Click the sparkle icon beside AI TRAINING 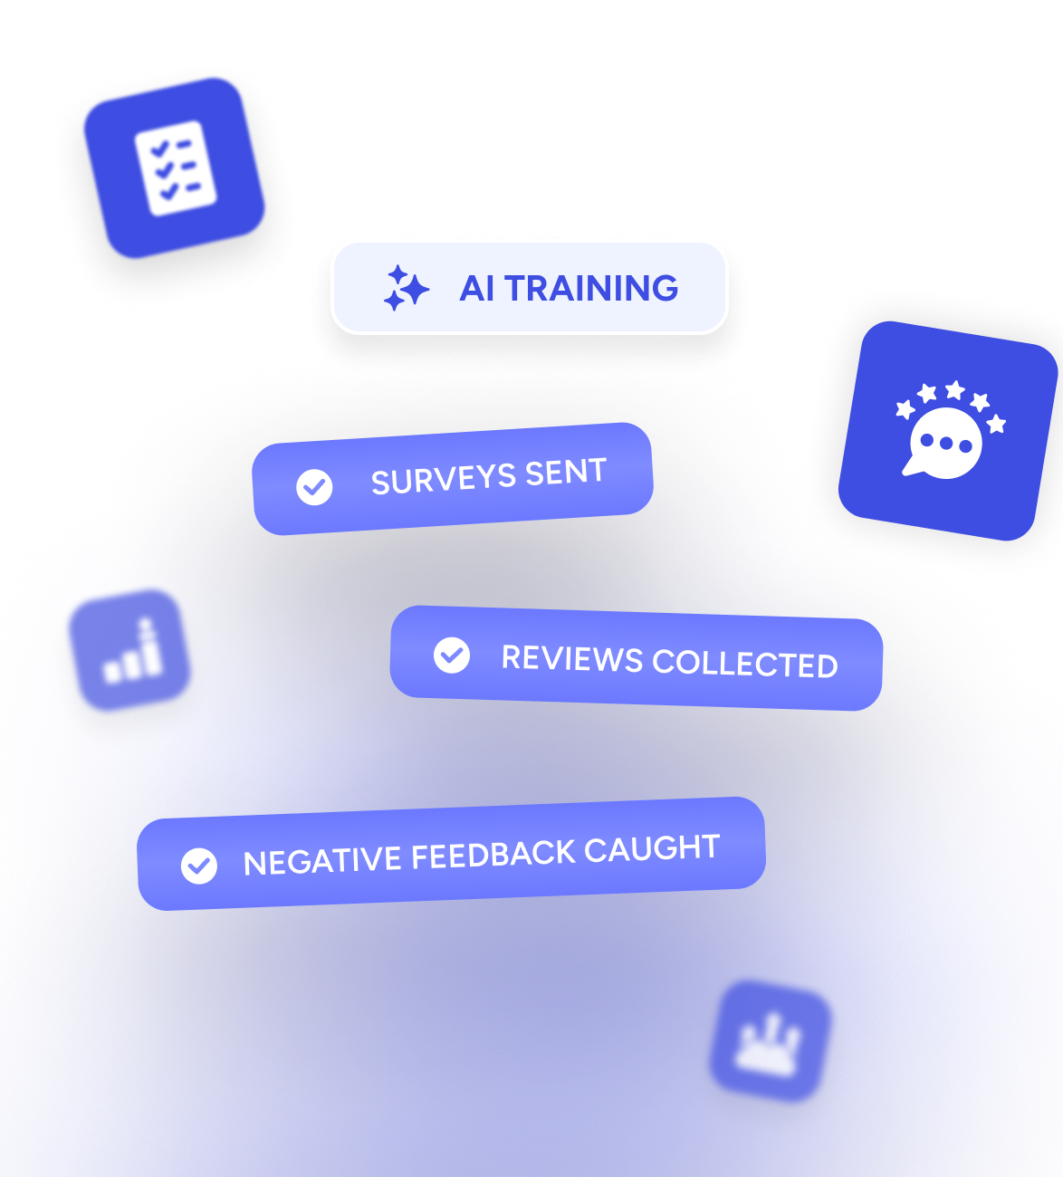pos(406,289)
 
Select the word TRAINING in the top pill pos(591,289)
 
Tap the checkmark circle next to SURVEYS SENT pos(314,487)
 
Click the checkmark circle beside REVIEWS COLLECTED pos(452,655)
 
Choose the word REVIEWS pos(572,658)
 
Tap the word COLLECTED pos(744,664)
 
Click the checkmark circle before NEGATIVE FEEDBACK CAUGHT pos(199,866)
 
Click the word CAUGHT pos(652,849)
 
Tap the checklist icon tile pos(174,168)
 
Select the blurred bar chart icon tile pos(129,650)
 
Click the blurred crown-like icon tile pos(769,1041)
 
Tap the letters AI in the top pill pos(477,289)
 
